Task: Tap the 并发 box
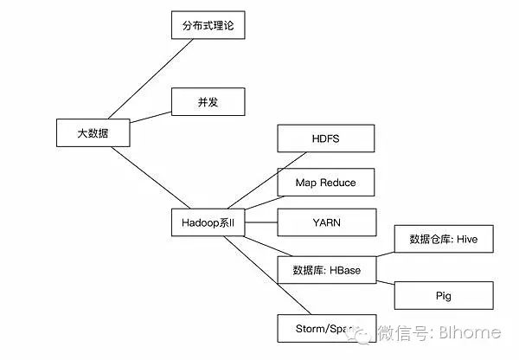pos(208,102)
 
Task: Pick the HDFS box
pos(326,139)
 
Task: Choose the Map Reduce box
pos(326,182)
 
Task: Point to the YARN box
pos(326,222)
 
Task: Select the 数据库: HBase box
pos(326,270)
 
